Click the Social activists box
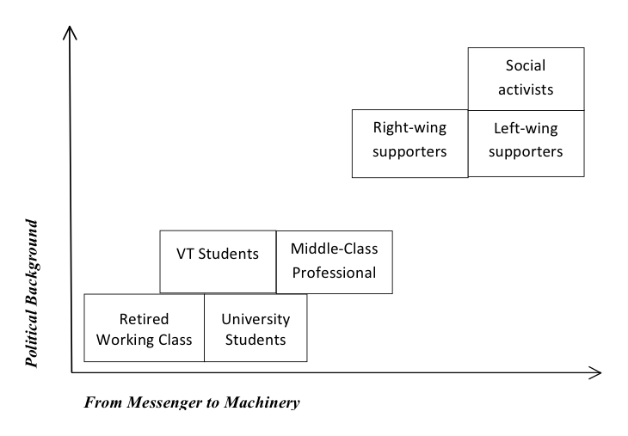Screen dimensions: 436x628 click(x=526, y=78)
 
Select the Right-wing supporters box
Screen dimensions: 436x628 click(x=410, y=144)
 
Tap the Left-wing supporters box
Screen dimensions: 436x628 click(x=526, y=144)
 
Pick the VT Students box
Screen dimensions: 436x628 click(x=218, y=261)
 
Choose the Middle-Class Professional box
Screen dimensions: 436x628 click(x=334, y=261)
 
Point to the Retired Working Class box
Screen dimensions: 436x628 click(x=144, y=328)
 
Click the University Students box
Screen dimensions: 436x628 click(x=256, y=328)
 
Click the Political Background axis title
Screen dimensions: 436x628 click(x=33, y=293)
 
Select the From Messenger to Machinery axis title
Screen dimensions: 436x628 click(x=191, y=402)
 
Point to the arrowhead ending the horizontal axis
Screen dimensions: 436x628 click(x=594, y=373)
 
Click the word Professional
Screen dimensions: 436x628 click(x=334, y=273)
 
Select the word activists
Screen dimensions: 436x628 click(x=526, y=89)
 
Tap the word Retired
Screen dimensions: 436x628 click(x=144, y=319)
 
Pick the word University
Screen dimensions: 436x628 click(x=256, y=319)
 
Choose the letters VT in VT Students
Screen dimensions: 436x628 click(x=185, y=254)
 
